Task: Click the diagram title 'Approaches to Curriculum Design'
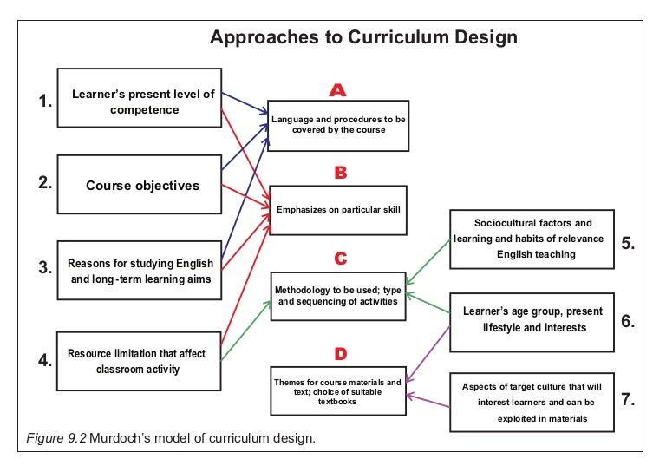click(x=364, y=37)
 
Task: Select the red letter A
click(x=338, y=90)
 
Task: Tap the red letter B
click(x=341, y=173)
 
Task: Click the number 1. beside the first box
click(x=46, y=102)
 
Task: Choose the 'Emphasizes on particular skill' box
click(x=338, y=209)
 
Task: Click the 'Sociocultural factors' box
click(x=532, y=238)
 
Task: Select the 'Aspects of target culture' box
click(x=532, y=402)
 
